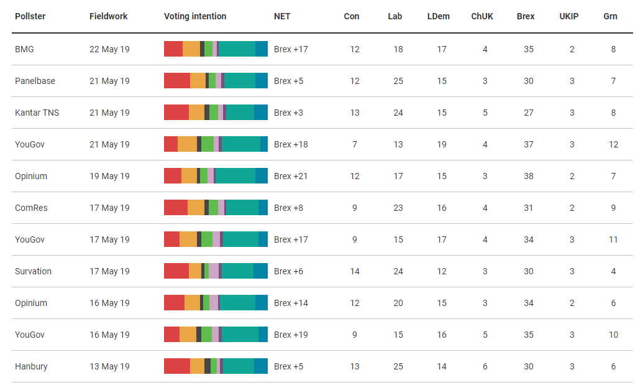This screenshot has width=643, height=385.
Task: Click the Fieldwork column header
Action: point(108,16)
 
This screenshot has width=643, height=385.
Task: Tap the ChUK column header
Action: point(482,16)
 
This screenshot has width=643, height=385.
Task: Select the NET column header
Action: point(282,16)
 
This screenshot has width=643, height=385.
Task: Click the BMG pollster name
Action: point(24,49)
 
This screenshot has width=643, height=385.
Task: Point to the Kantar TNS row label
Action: point(37,113)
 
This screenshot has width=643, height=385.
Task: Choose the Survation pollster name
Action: point(33,271)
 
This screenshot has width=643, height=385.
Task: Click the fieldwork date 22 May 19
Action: point(109,49)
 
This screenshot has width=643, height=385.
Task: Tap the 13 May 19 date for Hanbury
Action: point(109,366)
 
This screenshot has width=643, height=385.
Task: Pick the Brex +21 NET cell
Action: point(291,176)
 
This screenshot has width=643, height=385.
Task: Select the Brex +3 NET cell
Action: point(289,113)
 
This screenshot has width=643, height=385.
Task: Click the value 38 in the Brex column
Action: point(529,176)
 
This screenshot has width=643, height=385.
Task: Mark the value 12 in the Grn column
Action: point(613,144)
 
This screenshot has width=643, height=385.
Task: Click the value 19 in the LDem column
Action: point(442,144)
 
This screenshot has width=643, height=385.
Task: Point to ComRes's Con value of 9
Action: point(355,208)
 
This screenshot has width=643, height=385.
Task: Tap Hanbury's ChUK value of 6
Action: point(485,366)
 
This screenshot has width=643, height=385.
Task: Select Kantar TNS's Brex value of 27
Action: point(529,113)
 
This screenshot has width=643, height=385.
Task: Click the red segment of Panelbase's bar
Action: point(177,81)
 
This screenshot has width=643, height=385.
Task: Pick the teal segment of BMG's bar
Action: point(237,49)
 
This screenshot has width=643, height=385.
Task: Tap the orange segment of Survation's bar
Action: point(195,271)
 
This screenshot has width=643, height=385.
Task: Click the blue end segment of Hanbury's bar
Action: point(261,366)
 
